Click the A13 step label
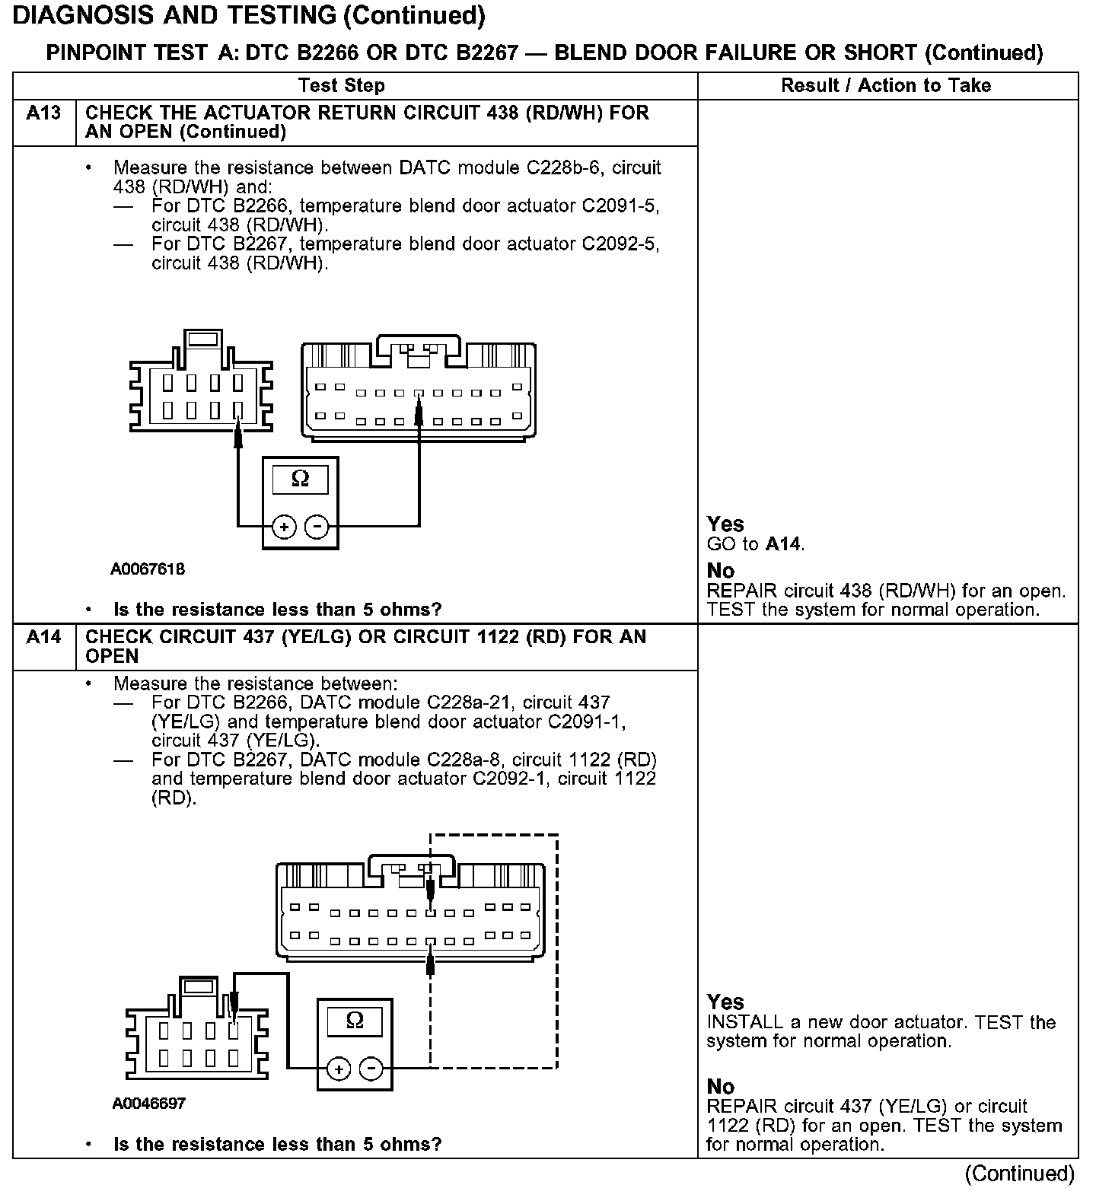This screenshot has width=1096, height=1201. (43, 113)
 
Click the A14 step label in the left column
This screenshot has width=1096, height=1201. (43, 637)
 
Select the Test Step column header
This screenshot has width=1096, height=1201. (342, 85)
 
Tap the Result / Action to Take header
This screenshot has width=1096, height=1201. (886, 85)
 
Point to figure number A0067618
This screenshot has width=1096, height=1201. (148, 569)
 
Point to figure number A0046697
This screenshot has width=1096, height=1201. (148, 1104)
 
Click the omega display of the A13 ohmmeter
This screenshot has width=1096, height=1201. (301, 479)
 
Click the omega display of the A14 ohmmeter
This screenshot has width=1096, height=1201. (355, 1021)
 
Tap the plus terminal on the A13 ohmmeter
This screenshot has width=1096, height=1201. (284, 527)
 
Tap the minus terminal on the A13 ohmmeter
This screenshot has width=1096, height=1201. (317, 527)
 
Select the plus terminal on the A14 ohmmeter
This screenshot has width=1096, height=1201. (338, 1069)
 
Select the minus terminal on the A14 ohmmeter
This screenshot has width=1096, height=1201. (371, 1069)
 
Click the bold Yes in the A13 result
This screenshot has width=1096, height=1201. (725, 524)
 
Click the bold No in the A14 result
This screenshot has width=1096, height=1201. (721, 1086)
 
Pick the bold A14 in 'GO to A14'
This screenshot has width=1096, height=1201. (783, 544)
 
